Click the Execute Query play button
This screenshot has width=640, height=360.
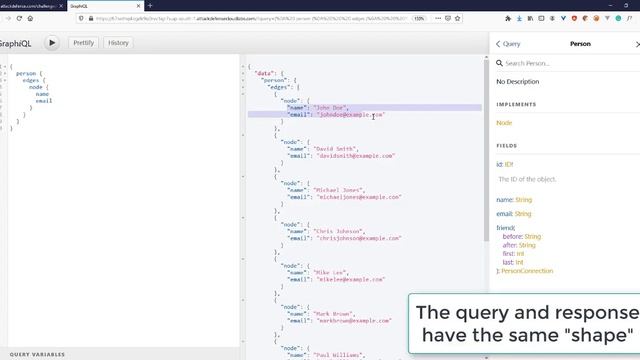coord(51,43)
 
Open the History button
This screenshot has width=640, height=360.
coord(118,43)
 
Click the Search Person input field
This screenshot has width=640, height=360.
coord(570,63)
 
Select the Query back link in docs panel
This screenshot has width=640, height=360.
coord(509,44)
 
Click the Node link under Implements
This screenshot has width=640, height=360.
coord(504,122)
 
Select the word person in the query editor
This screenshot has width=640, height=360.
coord(26,73)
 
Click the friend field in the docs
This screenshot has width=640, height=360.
coord(506,227)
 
